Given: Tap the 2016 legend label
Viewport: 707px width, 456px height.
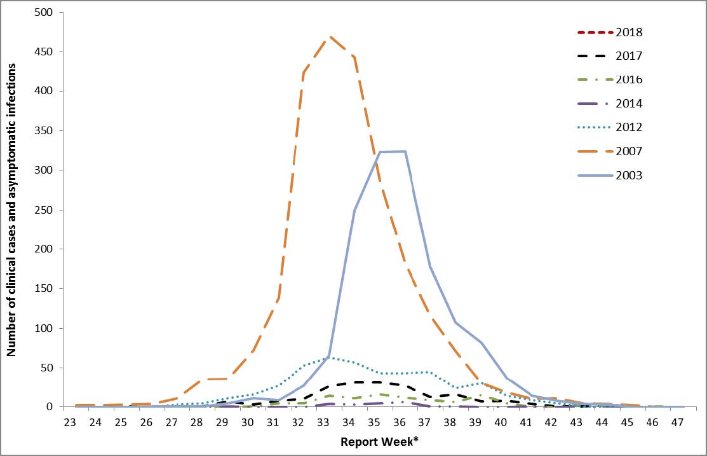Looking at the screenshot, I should (x=629, y=79).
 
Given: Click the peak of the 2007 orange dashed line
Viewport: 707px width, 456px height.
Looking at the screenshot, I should (x=329, y=37).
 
